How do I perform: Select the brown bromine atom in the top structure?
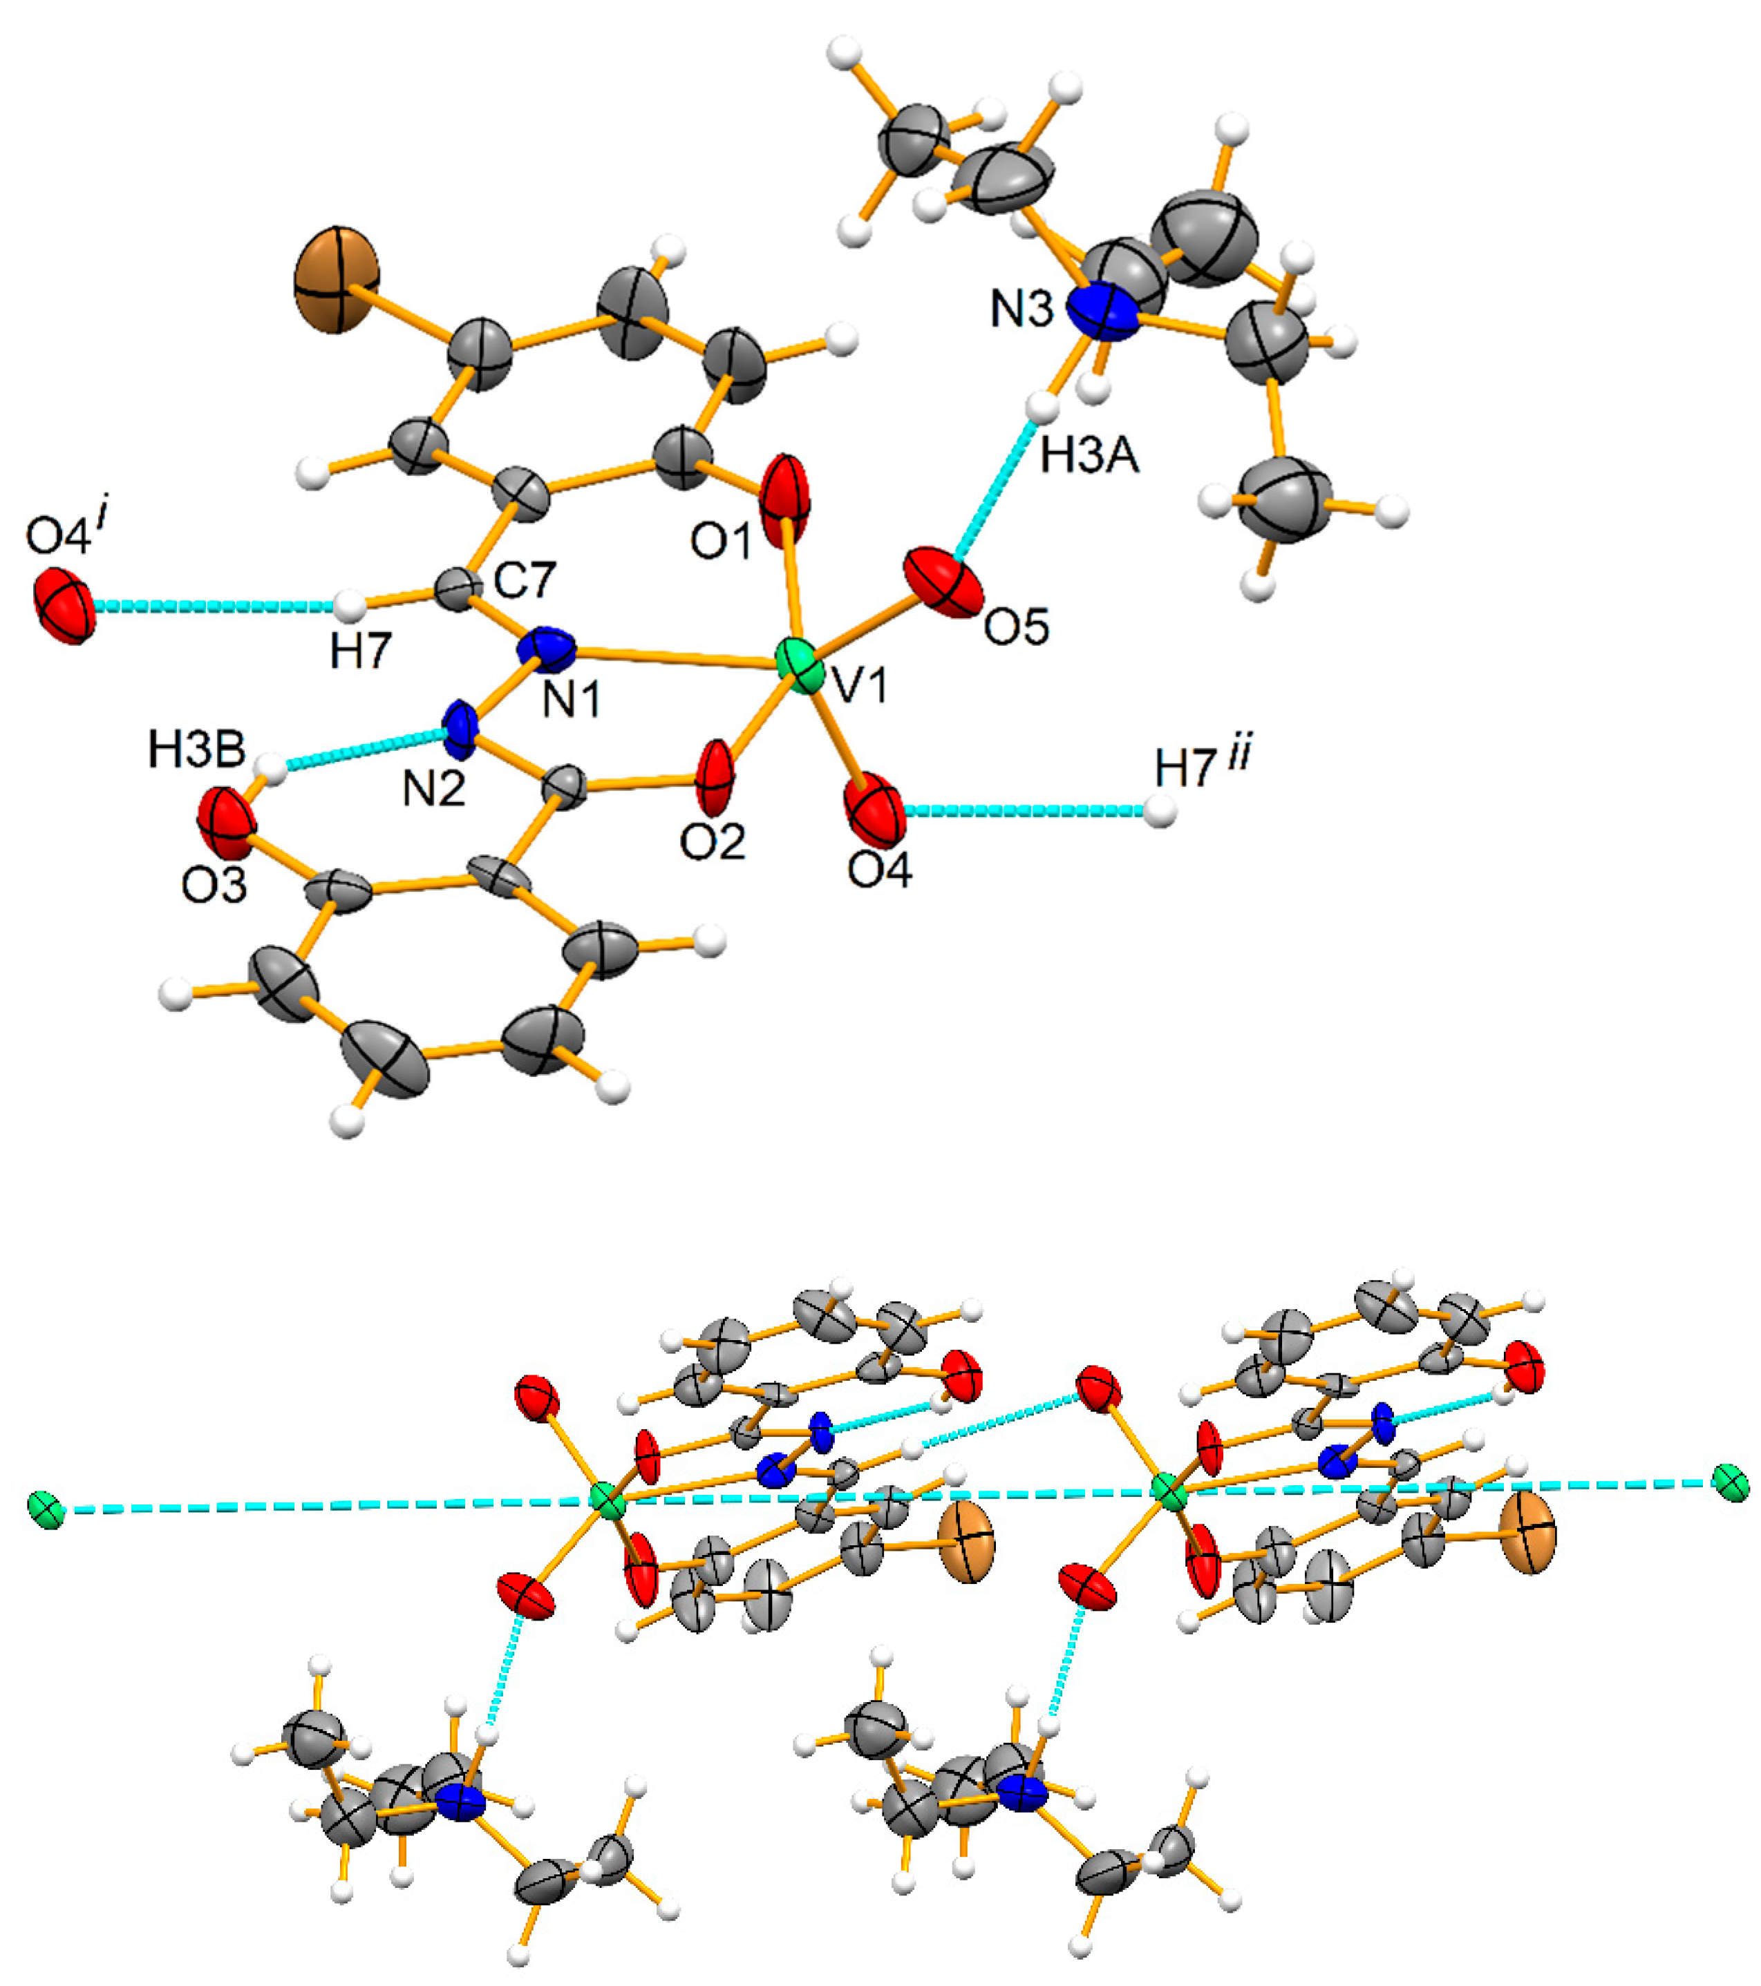pyautogui.click(x=337, y=280)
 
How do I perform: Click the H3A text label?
pyautogui.click(x=1089, y=455)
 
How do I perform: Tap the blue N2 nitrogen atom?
pyautogui.click(x=461, y=729)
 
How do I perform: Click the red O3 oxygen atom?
pyautogui.click(x=227, y=822)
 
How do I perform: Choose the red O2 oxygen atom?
pyautogui.click(x=716, y=777)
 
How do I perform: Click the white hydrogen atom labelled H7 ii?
pyautogui.click(x=1160, y=810)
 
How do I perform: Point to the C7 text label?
pyautogui.click(x=524, y=580)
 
